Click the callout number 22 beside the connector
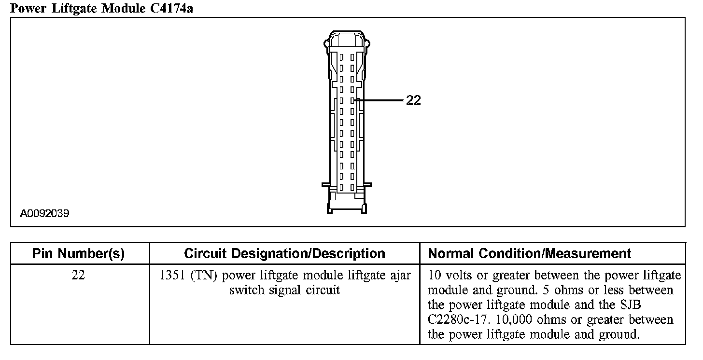[x=413, y=100]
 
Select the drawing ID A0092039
[x=44, y=213]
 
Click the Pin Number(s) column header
[x=78, y=254]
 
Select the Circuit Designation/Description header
[x=284, y=254]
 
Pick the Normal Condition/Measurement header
[x=530, y=254]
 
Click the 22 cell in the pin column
[x=78, y=276]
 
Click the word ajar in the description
[x=401, y=276]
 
